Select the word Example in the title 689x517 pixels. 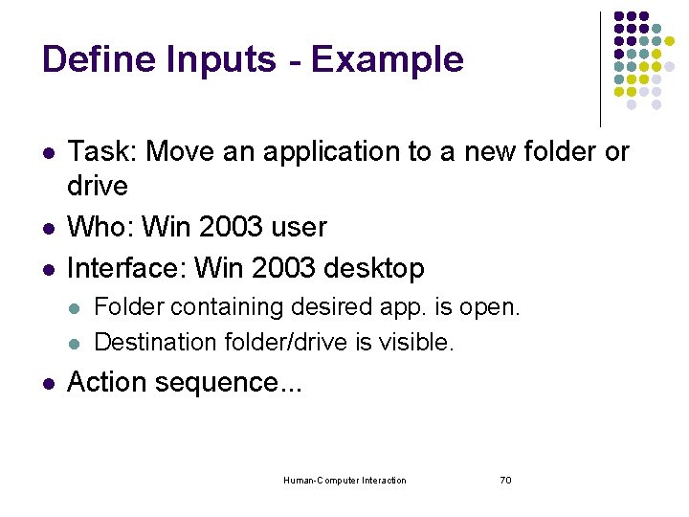click(x=387, y=59)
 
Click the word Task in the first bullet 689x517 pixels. click(x=100, y=151)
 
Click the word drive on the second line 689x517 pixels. click(x=98, y=184)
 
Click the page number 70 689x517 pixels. click(x=505, y=480)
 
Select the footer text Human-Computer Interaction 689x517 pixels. click(x=344, y=480)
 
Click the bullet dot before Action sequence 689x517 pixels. click(x=49, y=384)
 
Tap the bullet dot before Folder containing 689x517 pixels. click(x=75, y=308)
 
